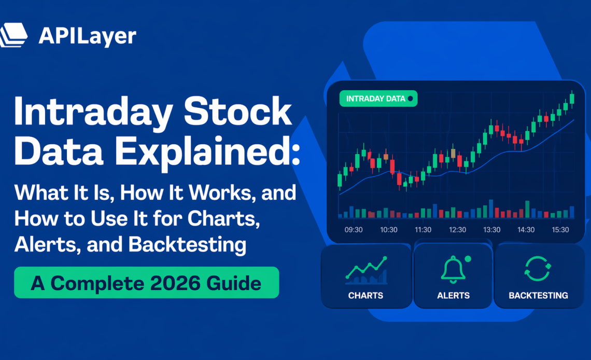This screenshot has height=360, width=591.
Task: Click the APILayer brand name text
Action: point(87,36)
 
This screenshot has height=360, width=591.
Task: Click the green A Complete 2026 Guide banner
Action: point(146,283)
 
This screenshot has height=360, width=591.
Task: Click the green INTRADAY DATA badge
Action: point(378,98)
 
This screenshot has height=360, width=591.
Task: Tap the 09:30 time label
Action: point(354,230)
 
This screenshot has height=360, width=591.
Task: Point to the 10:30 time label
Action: point(388,230)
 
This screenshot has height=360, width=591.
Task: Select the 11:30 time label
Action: point(423,230)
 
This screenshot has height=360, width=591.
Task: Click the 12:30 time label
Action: point(457,230)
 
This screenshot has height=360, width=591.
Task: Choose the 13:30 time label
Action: point(491,230)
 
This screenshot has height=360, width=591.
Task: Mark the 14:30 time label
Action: point(526,230)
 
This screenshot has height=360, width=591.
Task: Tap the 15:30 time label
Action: point(560,230)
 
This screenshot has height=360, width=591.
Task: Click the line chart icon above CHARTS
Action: point(366,270)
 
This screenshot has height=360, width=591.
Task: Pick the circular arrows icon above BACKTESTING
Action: point(538,269)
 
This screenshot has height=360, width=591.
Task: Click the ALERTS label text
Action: point(454,296)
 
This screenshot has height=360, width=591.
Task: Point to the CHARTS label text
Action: point(366,296)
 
